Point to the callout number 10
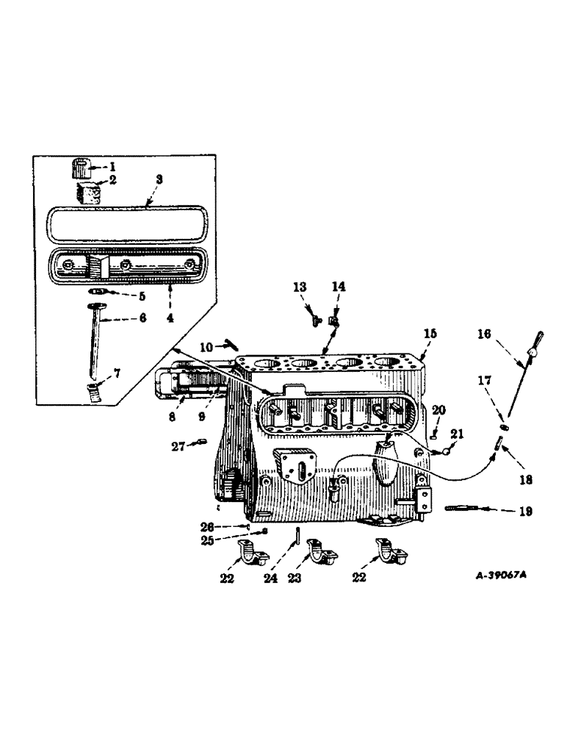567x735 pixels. (206, 345)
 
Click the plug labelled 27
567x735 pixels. (203, 442)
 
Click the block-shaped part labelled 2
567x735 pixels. (88, 194)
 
